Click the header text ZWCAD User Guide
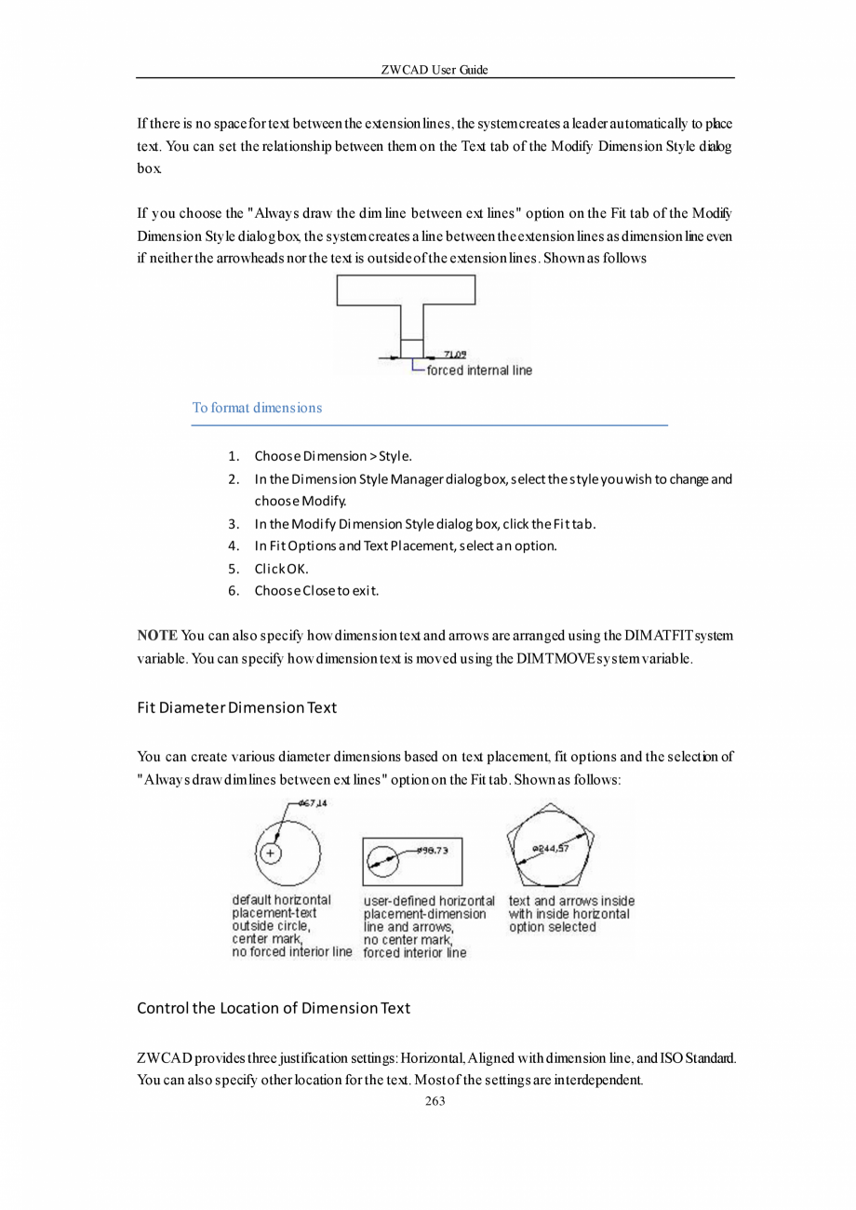point(435,70)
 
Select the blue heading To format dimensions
point(257,408)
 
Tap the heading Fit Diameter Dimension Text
point(236,707)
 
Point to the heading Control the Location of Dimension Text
point(273,1008)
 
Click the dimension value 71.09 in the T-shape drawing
point(455,354)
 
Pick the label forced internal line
point(479,370)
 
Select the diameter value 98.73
point(433,850)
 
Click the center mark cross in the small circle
point(270,854)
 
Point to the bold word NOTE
point(157,636)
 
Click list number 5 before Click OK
point(234,569)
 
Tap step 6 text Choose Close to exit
point(316,591)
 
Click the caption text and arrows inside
point(571,901)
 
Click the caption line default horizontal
point(281,900)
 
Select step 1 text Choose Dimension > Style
point(333,456)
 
